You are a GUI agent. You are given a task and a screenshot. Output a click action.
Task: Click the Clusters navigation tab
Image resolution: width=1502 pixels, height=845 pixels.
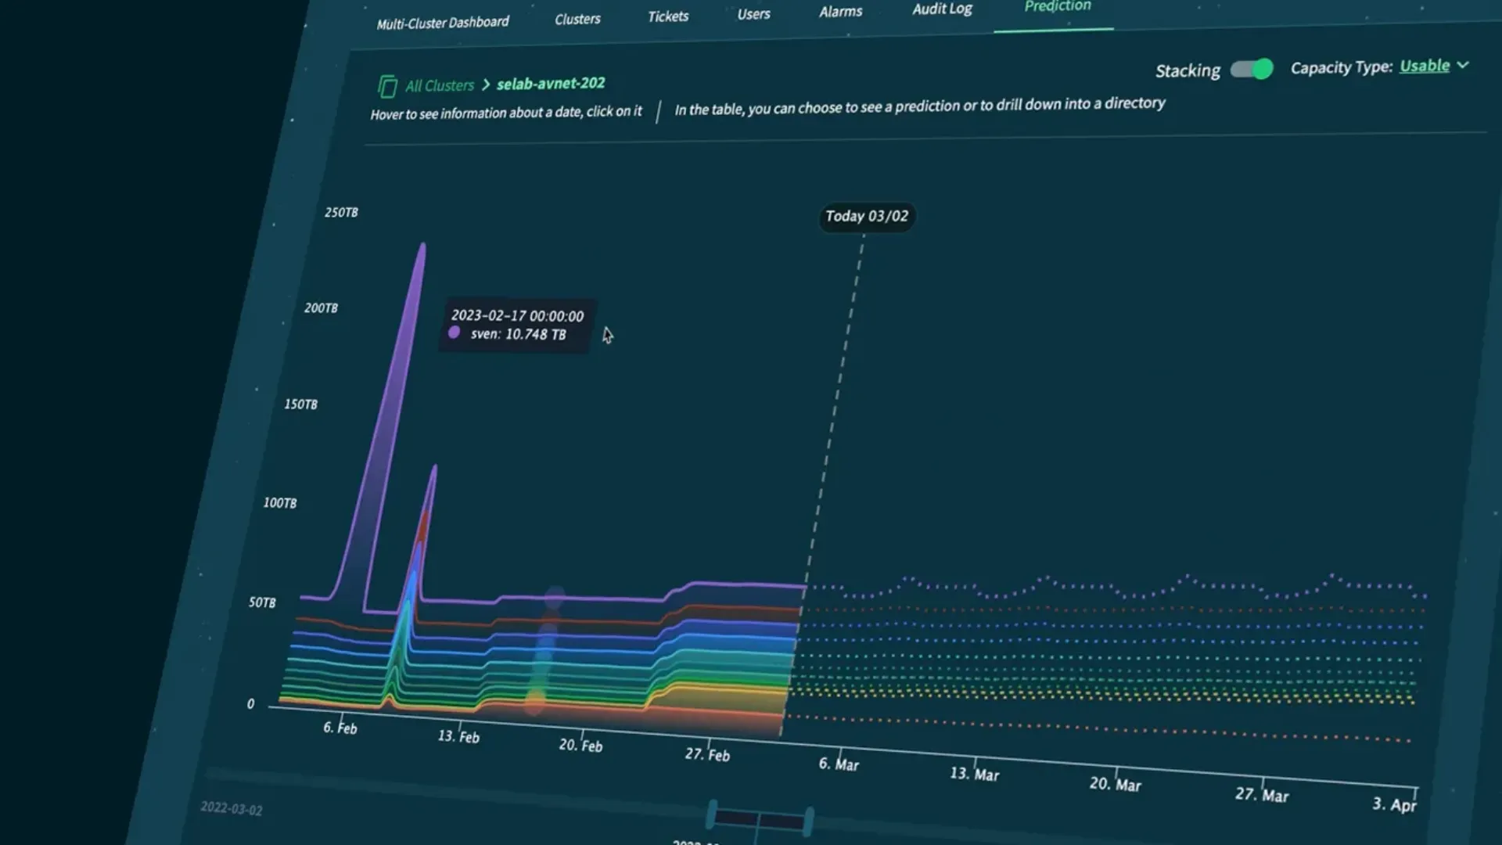pyautogui.click(x=577, y=19)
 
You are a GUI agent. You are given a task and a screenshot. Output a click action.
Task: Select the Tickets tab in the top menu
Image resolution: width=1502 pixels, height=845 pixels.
pyautogui.click(x=668, y=16)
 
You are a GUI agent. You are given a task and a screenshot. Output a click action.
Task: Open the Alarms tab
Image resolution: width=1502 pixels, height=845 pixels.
pyautogui.click(x=840, y=12)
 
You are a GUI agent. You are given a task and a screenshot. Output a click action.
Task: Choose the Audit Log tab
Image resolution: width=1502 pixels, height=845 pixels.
pyautogui.click(x=942, y=9)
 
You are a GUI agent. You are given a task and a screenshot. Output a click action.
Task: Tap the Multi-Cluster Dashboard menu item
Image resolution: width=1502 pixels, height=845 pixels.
pyautogui.click(x=442, y=23)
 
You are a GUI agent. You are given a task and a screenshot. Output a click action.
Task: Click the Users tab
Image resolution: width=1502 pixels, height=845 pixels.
pyautogui.click(x=753, y=14)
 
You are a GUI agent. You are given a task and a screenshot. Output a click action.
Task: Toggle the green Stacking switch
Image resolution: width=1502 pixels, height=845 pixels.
pyautogui.click(x=1252, y=69)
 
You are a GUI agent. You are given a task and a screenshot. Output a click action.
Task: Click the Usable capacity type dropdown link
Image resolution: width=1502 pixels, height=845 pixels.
pyautogui.click(x=1425, y=66)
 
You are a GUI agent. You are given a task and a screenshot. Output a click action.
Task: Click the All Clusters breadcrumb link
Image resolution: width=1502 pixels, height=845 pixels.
pyautogui.click(x=439, y=85)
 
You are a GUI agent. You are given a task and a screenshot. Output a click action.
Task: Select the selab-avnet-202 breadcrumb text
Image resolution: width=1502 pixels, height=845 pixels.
pyautogui.click(x=551, y=83)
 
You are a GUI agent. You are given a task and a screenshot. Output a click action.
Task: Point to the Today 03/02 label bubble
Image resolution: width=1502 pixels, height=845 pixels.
pyautogui.click(x=867, y=216)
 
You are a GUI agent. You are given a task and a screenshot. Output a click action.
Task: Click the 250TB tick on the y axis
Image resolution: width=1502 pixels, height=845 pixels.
pyautogui.click(x=341, y=212)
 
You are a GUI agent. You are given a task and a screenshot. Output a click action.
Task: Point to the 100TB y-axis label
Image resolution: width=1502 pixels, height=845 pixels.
pyautogui.click(x=280, y=502)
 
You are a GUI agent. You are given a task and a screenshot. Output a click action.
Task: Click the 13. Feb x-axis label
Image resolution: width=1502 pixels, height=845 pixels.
pyautogui.click(x=458, y=736)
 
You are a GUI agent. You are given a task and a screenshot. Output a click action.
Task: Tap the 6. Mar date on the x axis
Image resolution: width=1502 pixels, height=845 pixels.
pyautogui.click(x=839, y=764)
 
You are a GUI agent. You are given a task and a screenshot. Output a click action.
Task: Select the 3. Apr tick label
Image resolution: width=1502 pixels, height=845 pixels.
pyautogui.click(x=1394, y=804)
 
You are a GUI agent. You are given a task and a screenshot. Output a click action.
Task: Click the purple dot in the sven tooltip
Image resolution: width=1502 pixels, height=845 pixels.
pyautogui.click(x=454, y=333)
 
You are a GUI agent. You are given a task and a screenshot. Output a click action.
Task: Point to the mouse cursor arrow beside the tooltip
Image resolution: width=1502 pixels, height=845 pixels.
pyautogui.click(x=608, y=335)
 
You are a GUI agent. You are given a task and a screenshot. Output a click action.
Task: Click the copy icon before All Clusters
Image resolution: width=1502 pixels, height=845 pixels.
pyautogui.click(x=386, y=86)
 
